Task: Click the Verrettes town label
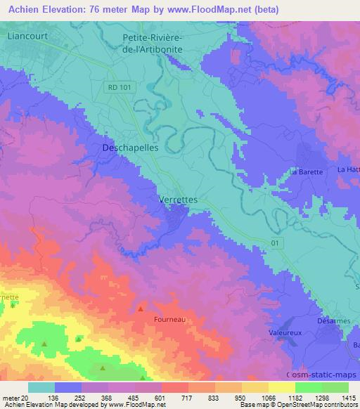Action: click(178, 200)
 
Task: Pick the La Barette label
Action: click(306, 171)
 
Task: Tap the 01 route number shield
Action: click(276, 242)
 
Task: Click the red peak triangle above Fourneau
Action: click(141, 308)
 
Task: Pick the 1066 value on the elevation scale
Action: click(269, 397)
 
